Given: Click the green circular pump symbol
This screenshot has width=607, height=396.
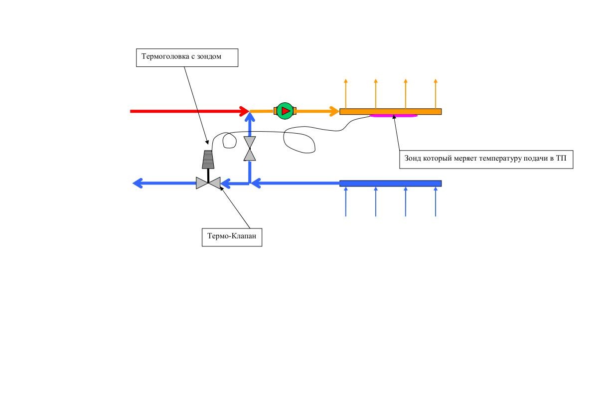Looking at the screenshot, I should click(x=285, y=111).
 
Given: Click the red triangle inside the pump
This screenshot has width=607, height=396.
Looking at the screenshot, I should click(x=285, y=111).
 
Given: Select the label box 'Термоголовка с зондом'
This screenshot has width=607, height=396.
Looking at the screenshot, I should click(x=187, y=57).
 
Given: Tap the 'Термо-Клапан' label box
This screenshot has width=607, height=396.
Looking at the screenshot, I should click(x=232, y=236).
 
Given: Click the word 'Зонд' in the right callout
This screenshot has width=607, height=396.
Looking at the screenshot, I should click(x=413, y=159).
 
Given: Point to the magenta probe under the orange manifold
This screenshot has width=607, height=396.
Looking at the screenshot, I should click(x=394, y=116).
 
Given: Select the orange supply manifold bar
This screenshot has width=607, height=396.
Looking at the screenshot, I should click(x=390, y=111).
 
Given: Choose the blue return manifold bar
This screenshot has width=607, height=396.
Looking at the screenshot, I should click(x=390, y=184).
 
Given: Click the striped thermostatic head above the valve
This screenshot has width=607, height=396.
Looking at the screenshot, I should click(x=208, y=159).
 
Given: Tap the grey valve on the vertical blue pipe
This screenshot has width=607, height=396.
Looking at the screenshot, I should click(x=250, y=149).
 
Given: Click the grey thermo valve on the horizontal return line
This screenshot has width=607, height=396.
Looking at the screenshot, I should click(x=208, y=183).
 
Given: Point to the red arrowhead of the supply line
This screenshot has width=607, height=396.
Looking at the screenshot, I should click(x=244, y=111).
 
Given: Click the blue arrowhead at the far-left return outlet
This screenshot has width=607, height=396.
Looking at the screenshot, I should click(x=138, y=184).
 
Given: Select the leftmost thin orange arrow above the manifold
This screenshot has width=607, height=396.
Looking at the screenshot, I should click(x=346, y=93).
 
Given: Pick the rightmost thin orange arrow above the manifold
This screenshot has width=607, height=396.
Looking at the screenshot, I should click(x=436, y=93).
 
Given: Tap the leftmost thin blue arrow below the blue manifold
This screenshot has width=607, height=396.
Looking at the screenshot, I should click(x=346, y=201).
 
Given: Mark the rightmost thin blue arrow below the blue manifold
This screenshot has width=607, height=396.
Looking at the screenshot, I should click(x=436, y=201).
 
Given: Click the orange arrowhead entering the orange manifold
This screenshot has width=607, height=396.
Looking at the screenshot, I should click(x=334, y=111).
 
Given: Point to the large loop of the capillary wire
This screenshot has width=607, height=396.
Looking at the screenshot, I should click(x=299, y=142).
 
